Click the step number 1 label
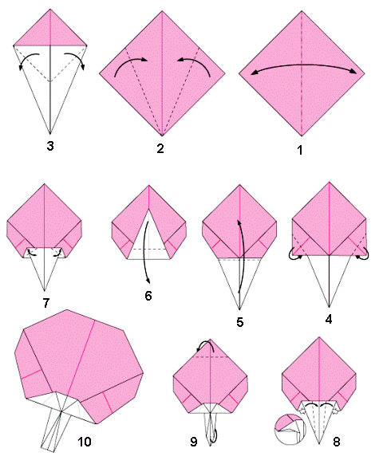(x=300, y=150)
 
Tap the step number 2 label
(x=160, y=148)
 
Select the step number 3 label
(x=50, y=146)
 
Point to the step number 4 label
(x=329, y=319)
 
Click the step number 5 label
(x=239, y=322)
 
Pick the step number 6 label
(x=148, y=296)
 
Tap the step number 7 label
(x=46, y=303)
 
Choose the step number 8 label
(x=337, y=442)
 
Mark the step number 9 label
(x=193, y=442)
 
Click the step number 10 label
(x=85, y=442)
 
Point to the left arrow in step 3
(x=26, y=57)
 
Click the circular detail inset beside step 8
(x=290, y=430)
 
